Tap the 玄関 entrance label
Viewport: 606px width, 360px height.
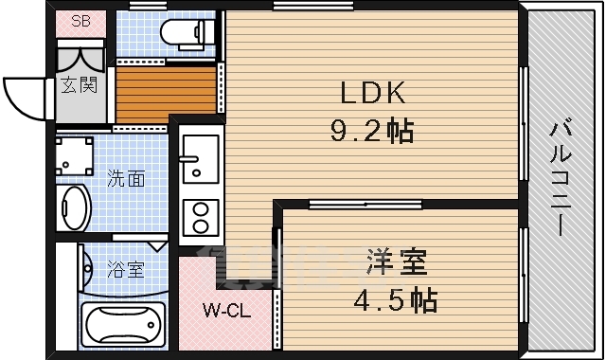click(80, 85)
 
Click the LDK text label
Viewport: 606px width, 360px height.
click(373, 93)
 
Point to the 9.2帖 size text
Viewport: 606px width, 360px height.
click(373, 130)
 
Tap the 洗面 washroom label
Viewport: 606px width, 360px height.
click(125, 178)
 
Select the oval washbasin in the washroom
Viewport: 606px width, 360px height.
click(74, 206)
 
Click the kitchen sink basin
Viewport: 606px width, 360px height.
click(199, 152)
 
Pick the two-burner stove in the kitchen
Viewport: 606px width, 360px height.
click(200, 217)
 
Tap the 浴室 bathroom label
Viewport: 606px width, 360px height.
click(126, 270)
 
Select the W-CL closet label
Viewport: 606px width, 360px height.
click(225, 310)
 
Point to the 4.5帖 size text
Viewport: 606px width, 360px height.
click(398, 300)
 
